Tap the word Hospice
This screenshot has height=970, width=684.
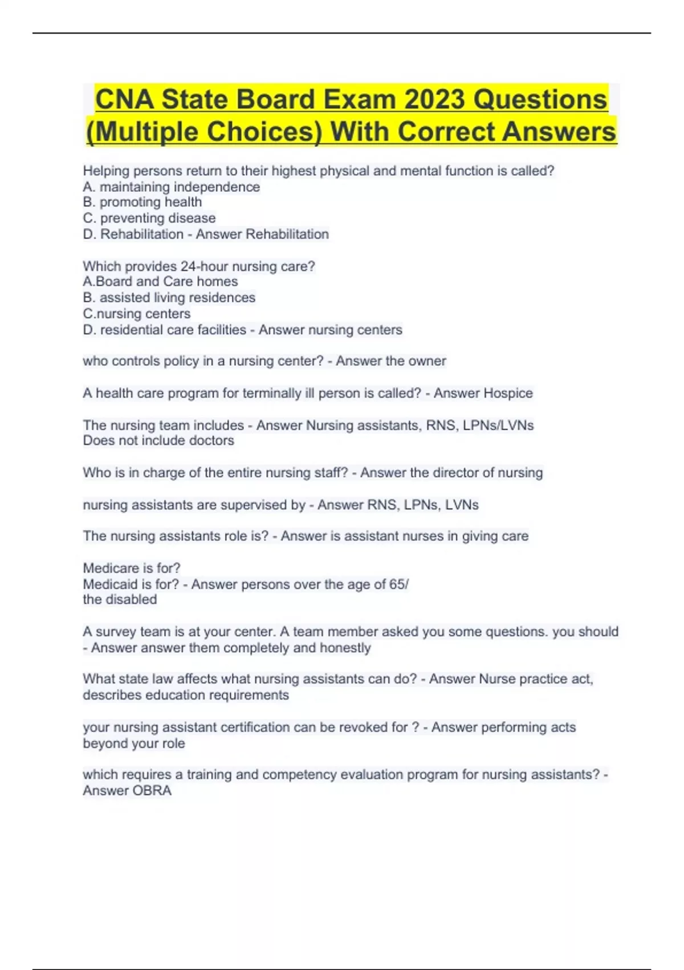[508, 393]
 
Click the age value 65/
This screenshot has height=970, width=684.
[398, 584]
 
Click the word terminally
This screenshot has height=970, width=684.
[272, 393]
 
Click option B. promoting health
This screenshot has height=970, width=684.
[142, 202]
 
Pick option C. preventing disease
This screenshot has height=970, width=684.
[149, 218]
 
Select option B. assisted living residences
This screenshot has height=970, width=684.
[169, 298]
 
